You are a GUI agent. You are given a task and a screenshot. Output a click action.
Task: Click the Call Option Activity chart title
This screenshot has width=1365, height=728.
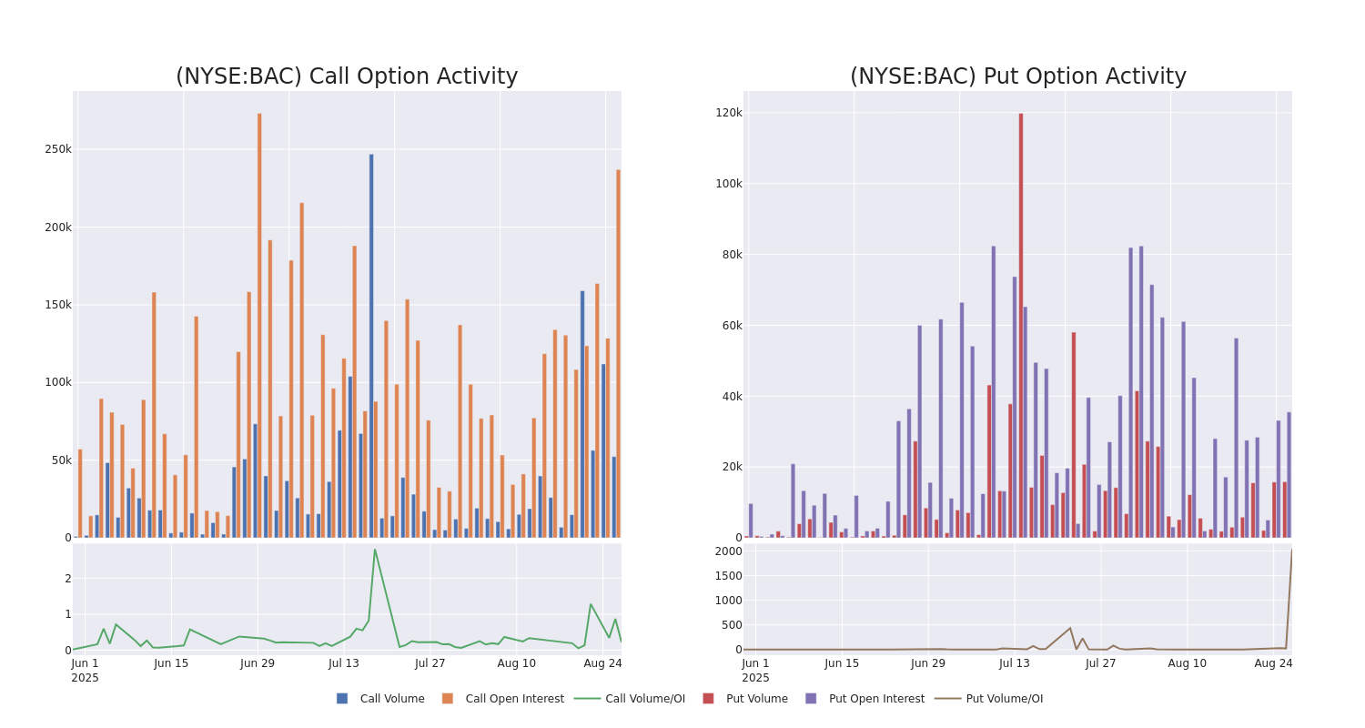[347, 77]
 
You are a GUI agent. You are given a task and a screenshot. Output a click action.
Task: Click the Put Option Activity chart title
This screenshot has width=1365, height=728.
[1017, 77]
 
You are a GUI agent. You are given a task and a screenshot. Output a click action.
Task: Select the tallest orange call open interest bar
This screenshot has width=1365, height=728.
[259, 325]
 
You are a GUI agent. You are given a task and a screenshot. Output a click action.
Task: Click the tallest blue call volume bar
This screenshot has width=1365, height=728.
[371, 346]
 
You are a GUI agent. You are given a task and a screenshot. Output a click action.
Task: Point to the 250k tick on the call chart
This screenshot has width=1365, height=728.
[58, 149]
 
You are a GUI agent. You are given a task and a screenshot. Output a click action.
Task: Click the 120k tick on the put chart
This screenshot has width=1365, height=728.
[729, 113]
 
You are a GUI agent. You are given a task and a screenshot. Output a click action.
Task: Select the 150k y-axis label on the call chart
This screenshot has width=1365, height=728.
[58, 305]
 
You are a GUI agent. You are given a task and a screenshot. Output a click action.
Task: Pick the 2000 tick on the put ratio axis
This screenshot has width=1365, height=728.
[728, 551]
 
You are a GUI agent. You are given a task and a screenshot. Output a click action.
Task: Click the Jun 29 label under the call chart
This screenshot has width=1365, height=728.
[258, 663]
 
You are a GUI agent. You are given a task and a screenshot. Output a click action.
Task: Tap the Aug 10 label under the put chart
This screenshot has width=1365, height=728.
[1187, 663]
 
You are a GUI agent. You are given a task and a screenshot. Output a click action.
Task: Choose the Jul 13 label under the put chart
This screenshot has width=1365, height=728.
[1015, 663]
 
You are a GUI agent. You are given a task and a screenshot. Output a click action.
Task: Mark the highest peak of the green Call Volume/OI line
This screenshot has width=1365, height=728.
[374, 550]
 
